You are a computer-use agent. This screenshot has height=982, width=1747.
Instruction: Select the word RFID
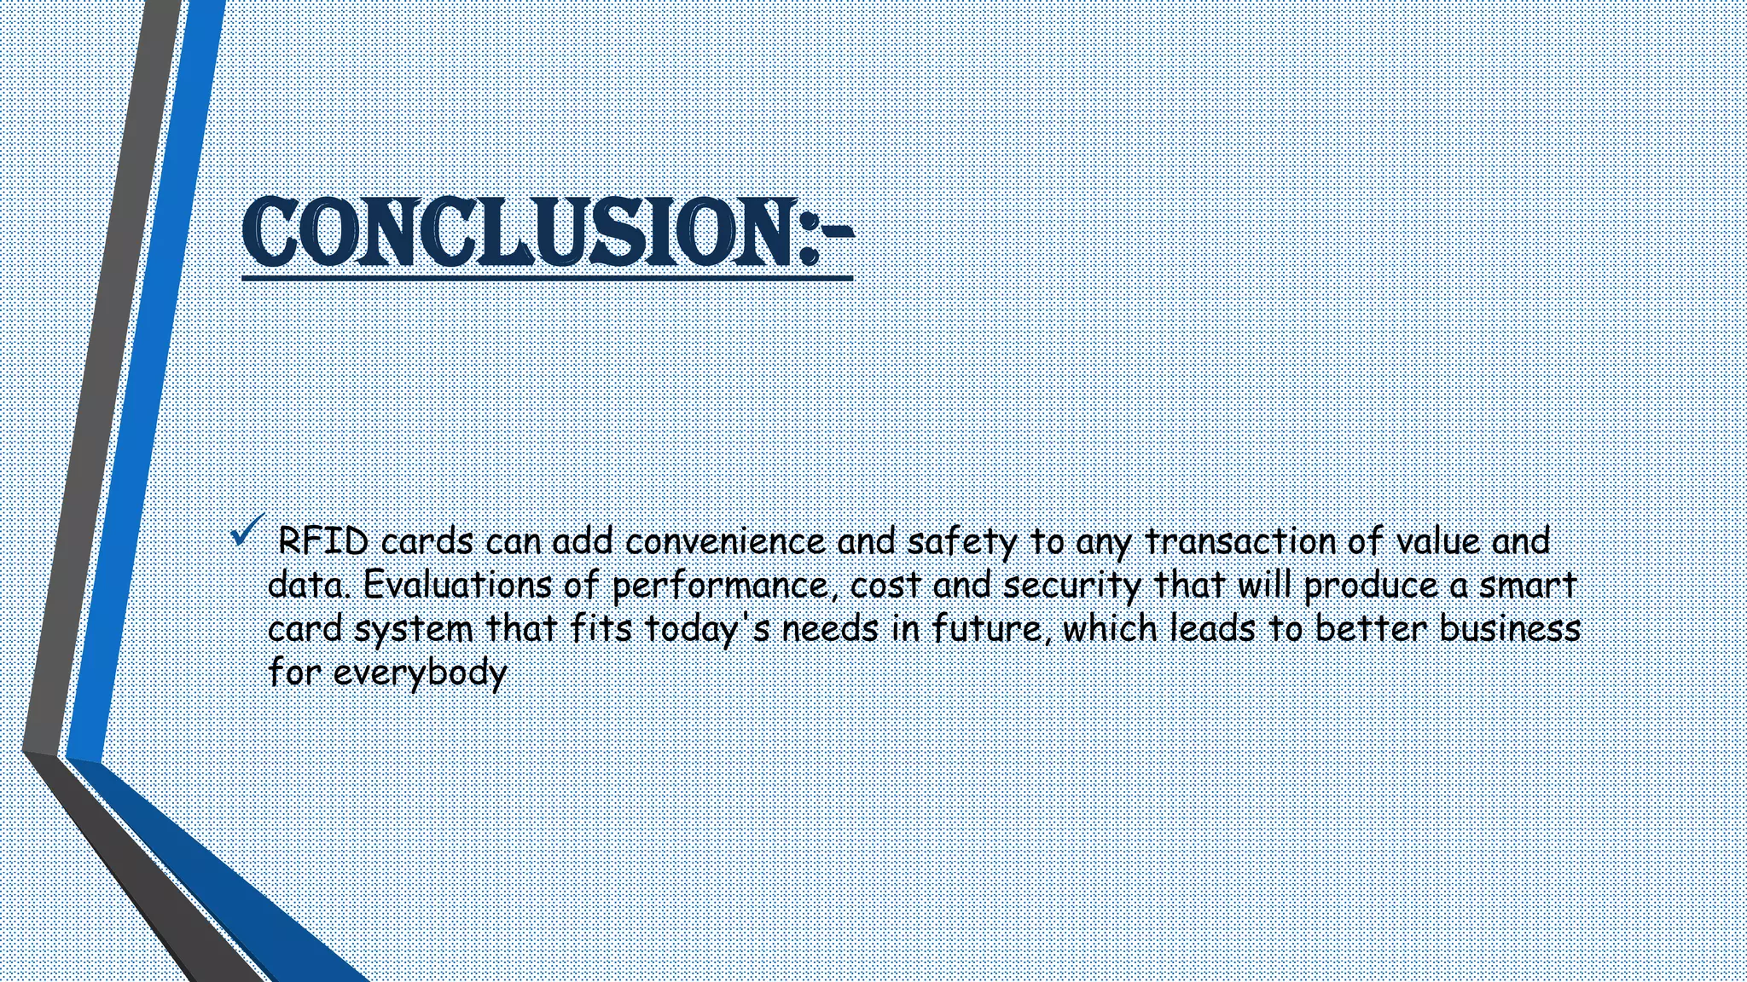coord(323,541)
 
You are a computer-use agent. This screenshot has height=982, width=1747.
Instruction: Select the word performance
coord(719,586)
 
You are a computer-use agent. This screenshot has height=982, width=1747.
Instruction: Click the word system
coord(413,630)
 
